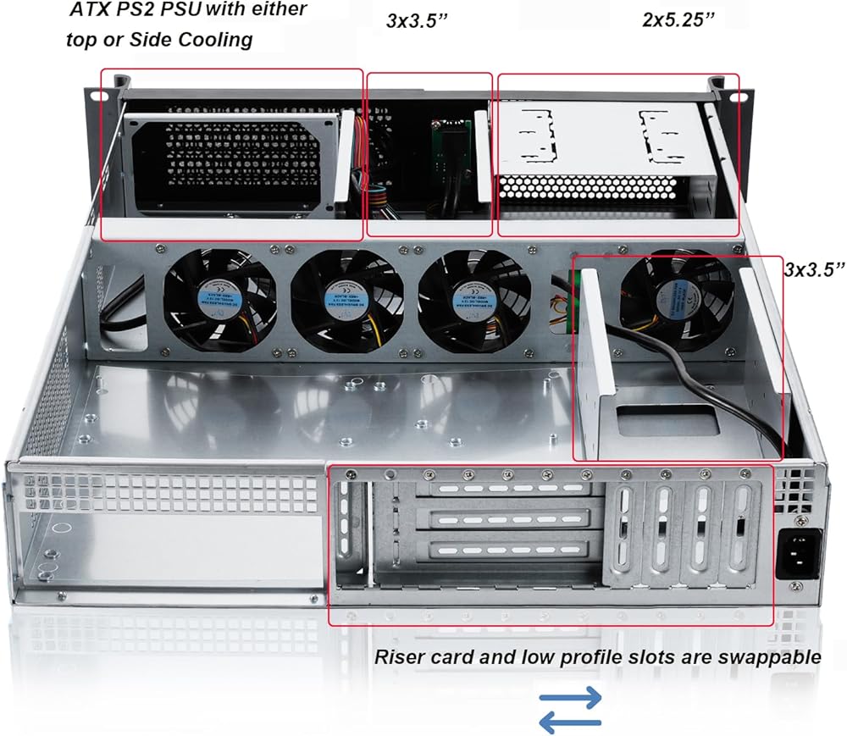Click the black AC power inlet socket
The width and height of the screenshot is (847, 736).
(x=798, y=555)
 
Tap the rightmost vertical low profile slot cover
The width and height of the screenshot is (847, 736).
(x=740, y=537)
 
